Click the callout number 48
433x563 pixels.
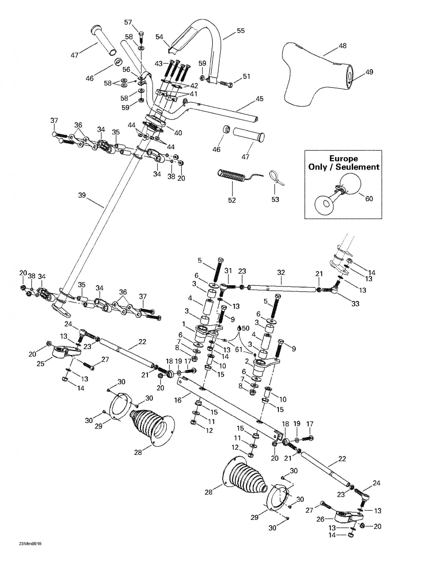click(342, 45)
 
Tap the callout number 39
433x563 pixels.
click(82, 195)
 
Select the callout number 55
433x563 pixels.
click(241, 31)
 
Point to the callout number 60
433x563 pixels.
click(369, 199)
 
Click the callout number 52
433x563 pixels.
click(232, 200)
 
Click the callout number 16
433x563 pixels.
click(178, 400)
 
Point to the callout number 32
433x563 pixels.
click(281, 272)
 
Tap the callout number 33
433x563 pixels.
click(355, 304)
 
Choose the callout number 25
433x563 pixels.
click(41, 364)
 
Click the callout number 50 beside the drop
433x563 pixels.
click(245, 328)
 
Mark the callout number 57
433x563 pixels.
click(128, 22)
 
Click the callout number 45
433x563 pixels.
click(260, 99)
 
